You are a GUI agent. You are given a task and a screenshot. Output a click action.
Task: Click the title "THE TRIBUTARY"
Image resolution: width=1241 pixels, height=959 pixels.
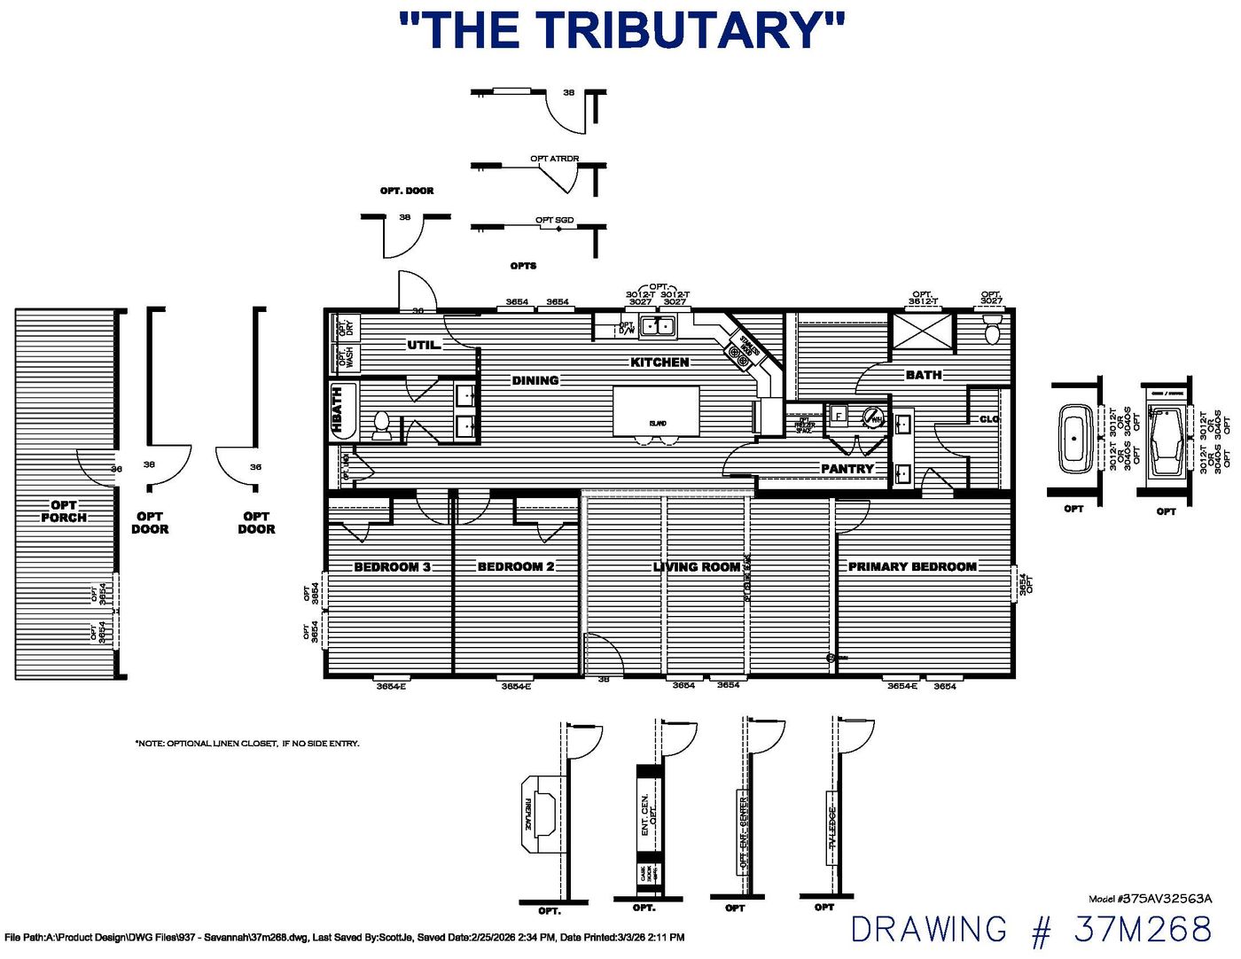pos(621,31)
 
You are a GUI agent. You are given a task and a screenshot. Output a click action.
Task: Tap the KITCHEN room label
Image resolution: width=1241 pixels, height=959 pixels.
pos(660,362)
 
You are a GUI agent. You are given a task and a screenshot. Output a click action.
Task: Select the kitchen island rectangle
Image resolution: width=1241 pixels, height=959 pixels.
pos(656,410)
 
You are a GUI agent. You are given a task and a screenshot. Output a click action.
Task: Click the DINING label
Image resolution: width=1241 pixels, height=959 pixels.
pos(535,380)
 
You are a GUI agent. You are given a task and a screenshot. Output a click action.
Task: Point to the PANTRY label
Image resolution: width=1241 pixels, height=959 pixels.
pos(847,468)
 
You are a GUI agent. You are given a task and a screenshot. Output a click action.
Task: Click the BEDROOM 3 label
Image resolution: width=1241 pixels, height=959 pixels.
pos(392,566)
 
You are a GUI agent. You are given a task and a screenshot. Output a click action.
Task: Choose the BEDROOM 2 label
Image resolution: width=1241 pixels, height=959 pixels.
pos(516,566)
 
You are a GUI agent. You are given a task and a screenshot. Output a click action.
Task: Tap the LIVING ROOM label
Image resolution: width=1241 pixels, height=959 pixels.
pos(697,566)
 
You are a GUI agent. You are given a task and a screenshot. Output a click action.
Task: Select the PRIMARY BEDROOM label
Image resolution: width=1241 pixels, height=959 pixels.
pos(912,566)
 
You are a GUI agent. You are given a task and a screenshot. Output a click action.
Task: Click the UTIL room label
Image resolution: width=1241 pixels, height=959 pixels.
pos(424,345)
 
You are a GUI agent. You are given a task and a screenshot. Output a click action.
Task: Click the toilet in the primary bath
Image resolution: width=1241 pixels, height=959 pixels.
pos(992,332)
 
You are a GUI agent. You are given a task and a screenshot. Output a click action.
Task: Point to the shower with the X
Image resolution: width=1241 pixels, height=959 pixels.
pos(923,331)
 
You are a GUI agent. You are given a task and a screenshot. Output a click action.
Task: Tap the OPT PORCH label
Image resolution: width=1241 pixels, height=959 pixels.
pos(64,511)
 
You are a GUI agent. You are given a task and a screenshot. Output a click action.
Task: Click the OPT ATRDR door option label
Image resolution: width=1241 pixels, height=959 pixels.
pos(555,159)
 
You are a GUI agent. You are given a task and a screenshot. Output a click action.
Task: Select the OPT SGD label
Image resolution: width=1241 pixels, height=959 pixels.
pos(554,220)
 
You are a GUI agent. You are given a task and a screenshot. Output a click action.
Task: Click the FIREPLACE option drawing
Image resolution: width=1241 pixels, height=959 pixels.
pos(542,813)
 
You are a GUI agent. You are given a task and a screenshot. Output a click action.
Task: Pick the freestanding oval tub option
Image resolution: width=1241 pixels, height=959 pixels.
pos(1076,438)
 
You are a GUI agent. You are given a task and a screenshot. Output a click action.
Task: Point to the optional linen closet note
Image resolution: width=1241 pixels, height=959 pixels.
pos(247,743)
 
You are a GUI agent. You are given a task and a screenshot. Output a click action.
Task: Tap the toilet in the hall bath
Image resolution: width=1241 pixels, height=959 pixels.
pos(381,425)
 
